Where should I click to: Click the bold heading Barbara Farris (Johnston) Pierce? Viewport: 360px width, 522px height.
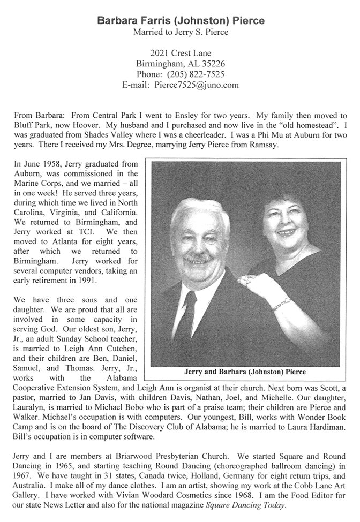tap(181, 21)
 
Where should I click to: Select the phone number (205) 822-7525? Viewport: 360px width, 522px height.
tap(196, 74)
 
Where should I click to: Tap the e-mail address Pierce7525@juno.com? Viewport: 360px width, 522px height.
tap(196, 85)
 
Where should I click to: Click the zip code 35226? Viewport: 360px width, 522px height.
tap(213, 63)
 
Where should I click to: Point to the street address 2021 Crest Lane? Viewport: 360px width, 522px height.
tap(181, 52)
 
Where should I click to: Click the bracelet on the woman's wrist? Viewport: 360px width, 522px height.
tap(281, 304)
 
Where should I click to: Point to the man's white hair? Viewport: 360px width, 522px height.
tap(201, 214)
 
